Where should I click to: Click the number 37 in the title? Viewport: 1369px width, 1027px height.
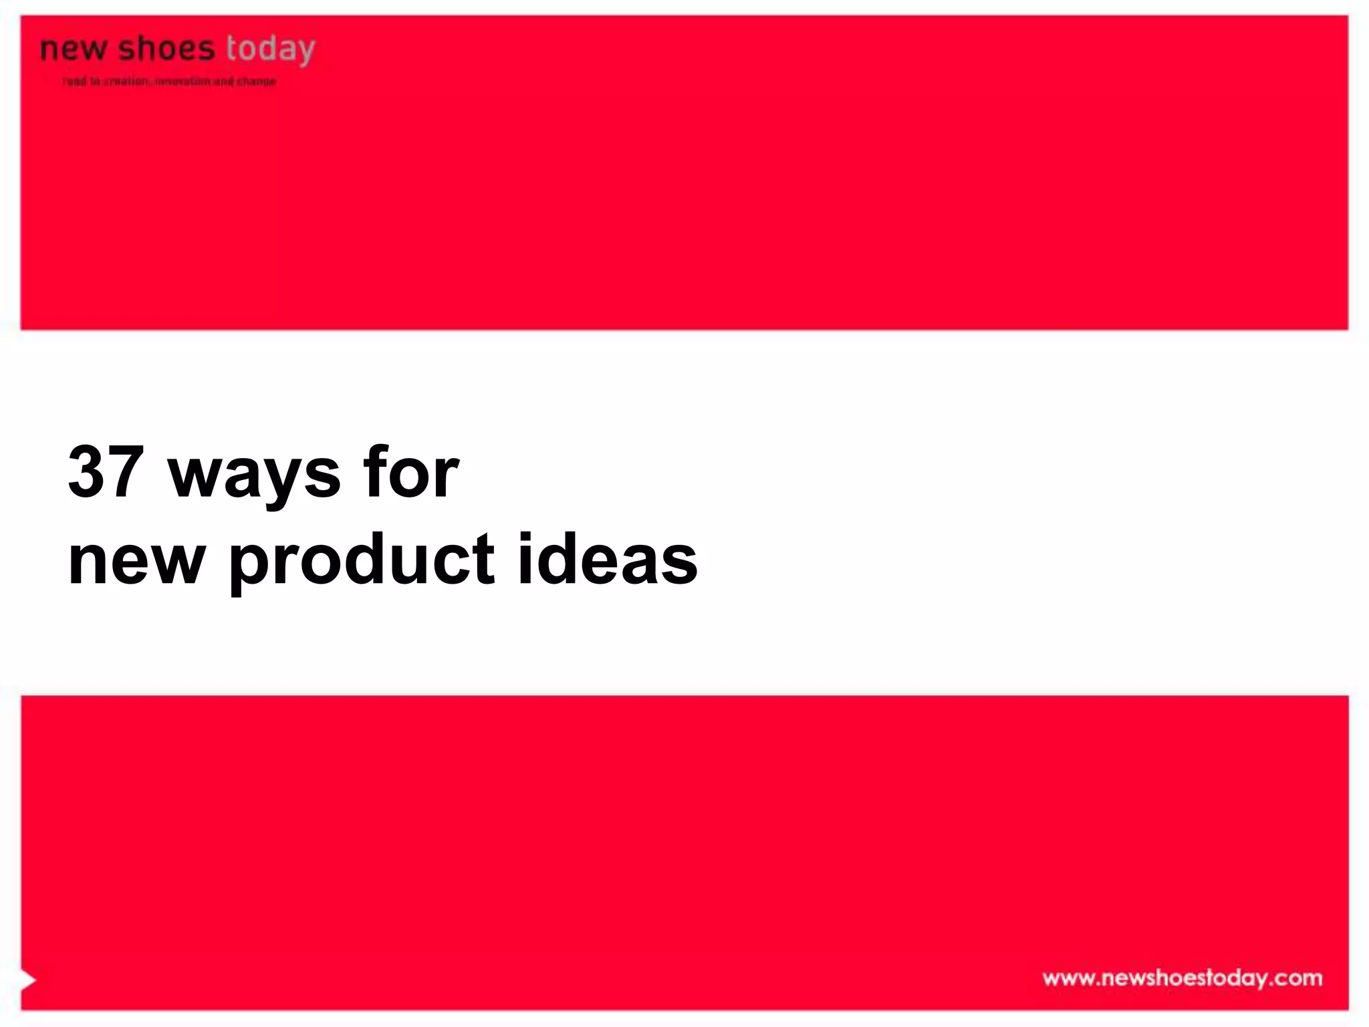tap(106, 472)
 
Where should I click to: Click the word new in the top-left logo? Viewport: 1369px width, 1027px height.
tap(72, 49)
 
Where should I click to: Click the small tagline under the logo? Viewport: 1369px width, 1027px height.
tap(169, 82)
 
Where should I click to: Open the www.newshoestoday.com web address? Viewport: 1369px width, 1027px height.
tap(1182, 978)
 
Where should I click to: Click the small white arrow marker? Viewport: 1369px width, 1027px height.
tap(28, 980)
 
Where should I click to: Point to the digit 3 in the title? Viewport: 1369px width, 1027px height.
tap(87, 472)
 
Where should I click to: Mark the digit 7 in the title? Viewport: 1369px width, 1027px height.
tap(125, 472)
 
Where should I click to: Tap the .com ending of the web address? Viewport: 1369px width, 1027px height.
tap(1296, 978)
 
